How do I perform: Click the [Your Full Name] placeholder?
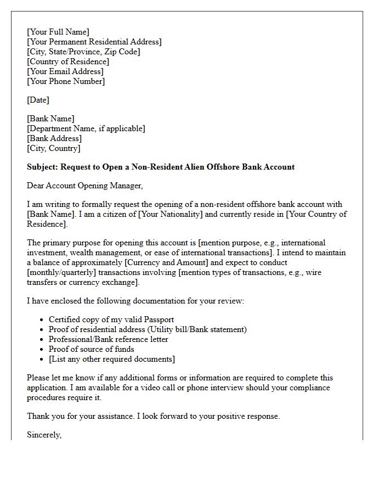tap(58, 32)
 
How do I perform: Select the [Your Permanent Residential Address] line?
tap(94, 42)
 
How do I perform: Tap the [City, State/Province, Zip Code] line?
tap(83, 52)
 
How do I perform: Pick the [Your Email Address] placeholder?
tap(65, 71)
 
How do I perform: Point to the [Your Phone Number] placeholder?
tap(66, 81)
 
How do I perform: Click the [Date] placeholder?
tap(38, 100)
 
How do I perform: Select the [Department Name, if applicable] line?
tap(86, 128)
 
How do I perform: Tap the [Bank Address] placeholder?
tap(54, 138)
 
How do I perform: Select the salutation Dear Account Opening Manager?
tap(85, 186)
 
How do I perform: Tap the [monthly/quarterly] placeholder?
tap(62, 272)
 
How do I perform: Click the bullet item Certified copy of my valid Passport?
tap(111, 319)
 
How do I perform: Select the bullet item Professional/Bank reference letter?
tap(109, 339)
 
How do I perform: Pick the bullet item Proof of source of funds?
tap(91, 349)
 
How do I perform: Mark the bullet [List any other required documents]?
tap(112, 359)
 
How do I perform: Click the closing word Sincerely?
tap(44, 435)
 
